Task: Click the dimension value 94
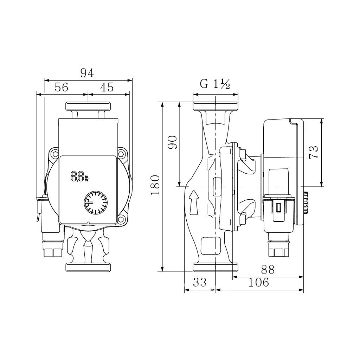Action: click(87, 73)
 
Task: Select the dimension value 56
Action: click(61, 88)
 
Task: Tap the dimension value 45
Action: click(107, 88)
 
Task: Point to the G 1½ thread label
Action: click(215, 84)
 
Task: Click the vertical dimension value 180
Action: click(155, 185)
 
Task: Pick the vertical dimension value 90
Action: click(173, 142)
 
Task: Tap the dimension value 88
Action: click(268, 270)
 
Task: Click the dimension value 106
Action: click(258, 282)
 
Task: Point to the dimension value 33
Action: click(200, 282)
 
